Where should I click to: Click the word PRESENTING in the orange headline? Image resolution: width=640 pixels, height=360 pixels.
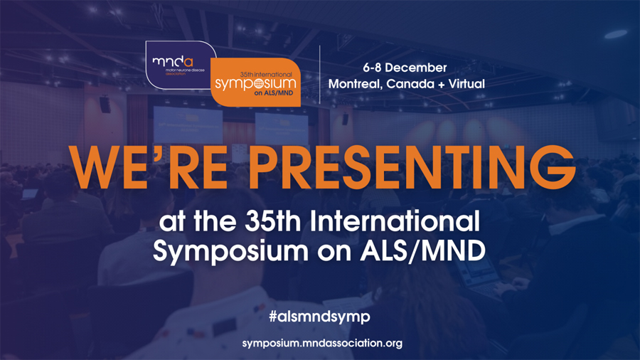coord(412,167)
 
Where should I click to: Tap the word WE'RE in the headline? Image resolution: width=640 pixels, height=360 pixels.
coord(148,167)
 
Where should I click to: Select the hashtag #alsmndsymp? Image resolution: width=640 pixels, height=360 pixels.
coord(319,317)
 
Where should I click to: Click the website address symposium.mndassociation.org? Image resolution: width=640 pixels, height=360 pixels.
coord(322,343)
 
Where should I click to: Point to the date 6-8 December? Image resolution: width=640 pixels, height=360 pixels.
coord(405,68)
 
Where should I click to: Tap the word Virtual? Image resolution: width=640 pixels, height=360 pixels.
coord(466,84)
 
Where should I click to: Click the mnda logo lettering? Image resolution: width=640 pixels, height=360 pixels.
coord(173,61)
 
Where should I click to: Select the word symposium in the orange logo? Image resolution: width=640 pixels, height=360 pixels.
coord(255,84)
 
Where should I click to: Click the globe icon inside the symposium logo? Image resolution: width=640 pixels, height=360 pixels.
coord(259,83)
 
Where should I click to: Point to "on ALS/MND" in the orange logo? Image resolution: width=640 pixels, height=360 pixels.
coord(274,93)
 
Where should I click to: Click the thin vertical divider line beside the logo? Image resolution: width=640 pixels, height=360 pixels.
coord(319,74)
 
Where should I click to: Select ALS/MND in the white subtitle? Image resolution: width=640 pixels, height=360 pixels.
coord(423,250)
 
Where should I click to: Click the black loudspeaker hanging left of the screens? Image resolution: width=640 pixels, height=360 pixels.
coord(105,104)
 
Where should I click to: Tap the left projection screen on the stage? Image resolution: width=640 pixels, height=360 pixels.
coord(188,125)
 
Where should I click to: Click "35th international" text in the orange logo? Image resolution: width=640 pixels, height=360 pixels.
coord(266,74)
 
